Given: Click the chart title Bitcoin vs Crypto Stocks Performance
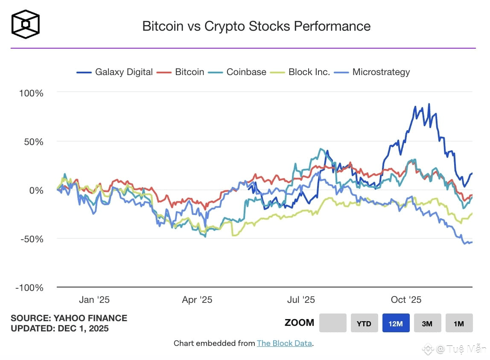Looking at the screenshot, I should tap(256, 26).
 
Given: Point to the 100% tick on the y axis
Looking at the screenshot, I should tap(31, 93).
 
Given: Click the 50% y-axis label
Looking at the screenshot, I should tap(34, 142).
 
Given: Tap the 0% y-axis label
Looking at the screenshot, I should tap(36, 190).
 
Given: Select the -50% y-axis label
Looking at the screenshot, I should tap(32, 239).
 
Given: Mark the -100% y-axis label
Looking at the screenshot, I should tap(29, 288).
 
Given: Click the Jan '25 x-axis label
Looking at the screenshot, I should tap(94, 300).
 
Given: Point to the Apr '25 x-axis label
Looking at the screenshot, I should tap(197, 300).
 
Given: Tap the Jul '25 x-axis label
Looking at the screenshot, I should tap(301, 300).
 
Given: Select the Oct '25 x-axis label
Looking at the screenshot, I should tap(406, 300).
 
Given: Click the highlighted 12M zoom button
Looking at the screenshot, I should tap(395, 323).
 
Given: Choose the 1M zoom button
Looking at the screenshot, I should tap(459, 323).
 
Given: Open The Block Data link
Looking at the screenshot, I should tap(285, 343).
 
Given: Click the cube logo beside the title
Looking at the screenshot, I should tap(26, 24).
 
